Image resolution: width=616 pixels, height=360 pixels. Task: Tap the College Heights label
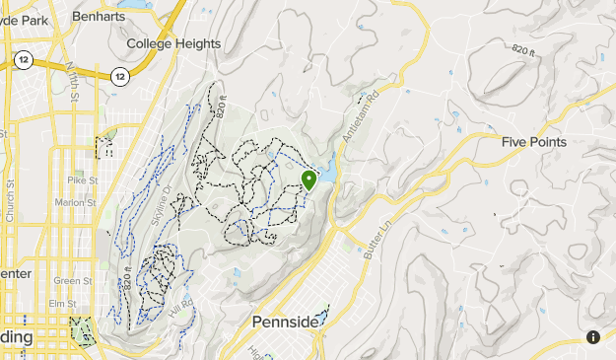point(173,43)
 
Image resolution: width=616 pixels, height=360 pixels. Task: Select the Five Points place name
point(533,142)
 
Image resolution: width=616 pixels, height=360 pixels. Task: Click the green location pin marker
point(308,179)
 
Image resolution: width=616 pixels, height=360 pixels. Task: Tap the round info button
point(593,337)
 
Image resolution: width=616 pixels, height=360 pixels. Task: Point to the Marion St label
point(75,203)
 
